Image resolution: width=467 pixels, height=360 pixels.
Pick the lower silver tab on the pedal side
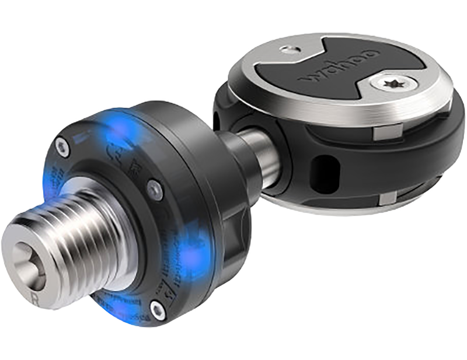[x=385, y=200]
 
